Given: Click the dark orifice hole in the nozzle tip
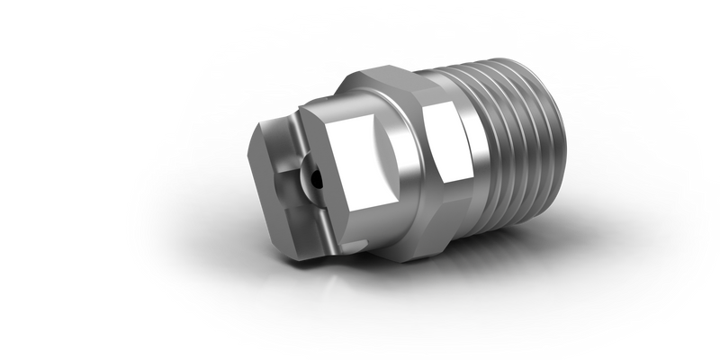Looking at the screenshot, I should click(312, 176).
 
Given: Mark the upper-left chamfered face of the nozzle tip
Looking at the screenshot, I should click(265, 135).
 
